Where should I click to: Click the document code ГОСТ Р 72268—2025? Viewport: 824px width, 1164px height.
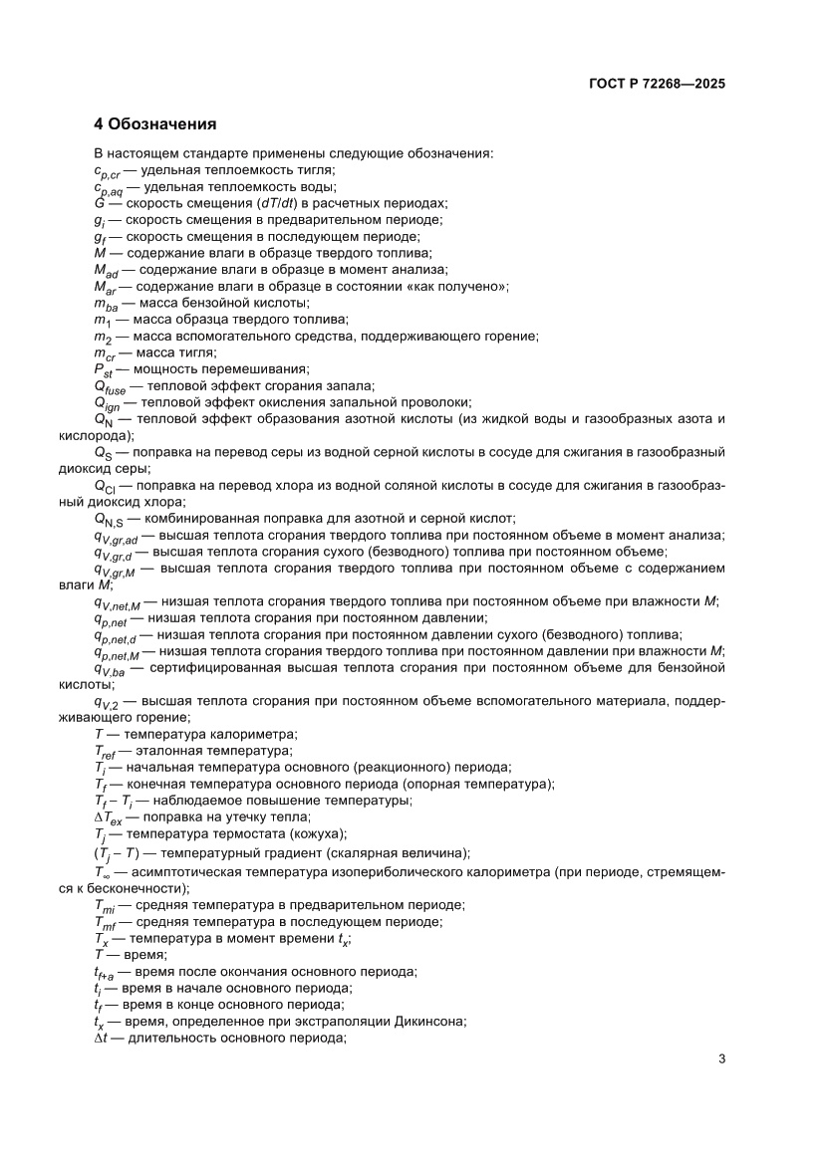653,85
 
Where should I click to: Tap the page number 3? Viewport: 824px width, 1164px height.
720,1058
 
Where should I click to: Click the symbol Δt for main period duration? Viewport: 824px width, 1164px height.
101,1039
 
